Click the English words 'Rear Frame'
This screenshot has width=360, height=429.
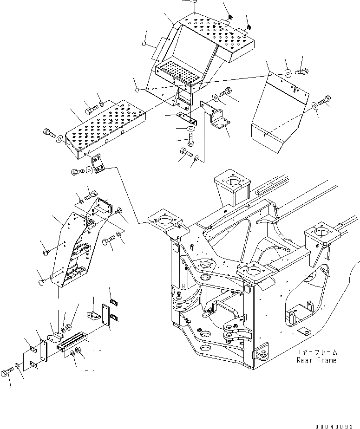click(317, 360)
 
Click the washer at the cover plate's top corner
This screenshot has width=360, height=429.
click(288, 72)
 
